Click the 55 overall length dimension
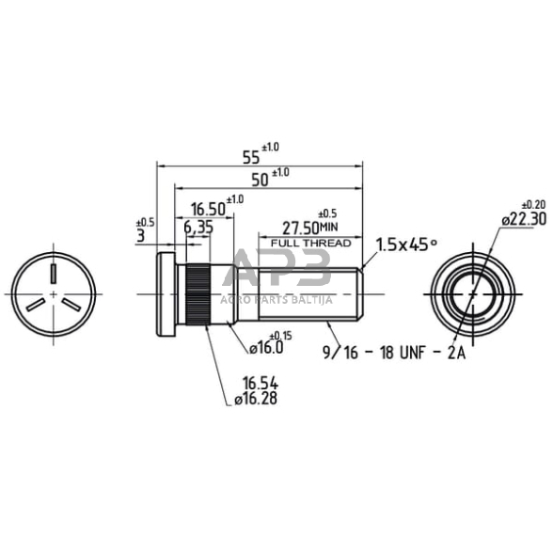click(x=251, y=158)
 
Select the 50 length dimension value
click(x=260, y=181)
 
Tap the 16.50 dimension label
click(x=208, y=210)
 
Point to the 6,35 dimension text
click(x=198, y=228)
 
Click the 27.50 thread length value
click(x=301, y=229)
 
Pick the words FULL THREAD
click(x=310, y=243)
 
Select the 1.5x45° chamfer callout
click(x=406, y=245)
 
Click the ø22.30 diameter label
click(x=524, y=219)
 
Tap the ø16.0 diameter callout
click(x=266, y=348)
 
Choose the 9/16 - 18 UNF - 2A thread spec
click(x=394, y=353)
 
